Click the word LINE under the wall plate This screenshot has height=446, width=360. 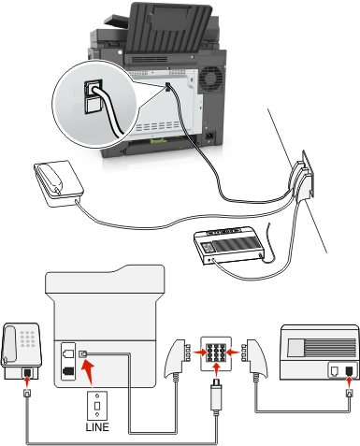pyautogui.click(x=97, y=426)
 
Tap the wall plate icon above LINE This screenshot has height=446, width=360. pyautogui.click(x=97, y=406)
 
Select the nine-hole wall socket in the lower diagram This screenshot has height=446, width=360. pyautogui.click(x=216, y=353)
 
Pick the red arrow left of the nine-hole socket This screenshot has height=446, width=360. pyautogui.click(x=197, y=352)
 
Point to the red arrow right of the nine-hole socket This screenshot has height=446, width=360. pyautogui.click(x=234, y=352)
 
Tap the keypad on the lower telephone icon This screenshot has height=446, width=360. pyautogui.click(x=27, y=338)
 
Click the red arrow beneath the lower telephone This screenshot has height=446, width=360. pyautogui.click(x=27, y=382)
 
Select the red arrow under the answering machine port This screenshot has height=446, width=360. pyautogui.click(x=349, y=383)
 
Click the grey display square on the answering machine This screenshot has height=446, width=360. pyautogui.click(x=296, y=347)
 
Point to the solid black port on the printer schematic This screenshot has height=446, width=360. pyautogui.click(x=68, y=371)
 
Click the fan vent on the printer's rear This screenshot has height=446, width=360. pyautogui.click(x=211, y=77)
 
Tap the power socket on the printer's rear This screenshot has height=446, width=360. pyautogui.click(x=210, y=137)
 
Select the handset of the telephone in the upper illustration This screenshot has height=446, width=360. pyautogui.click(x=50, y=177)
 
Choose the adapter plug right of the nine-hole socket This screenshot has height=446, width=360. pyautogui.click(x=254, y=357)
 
